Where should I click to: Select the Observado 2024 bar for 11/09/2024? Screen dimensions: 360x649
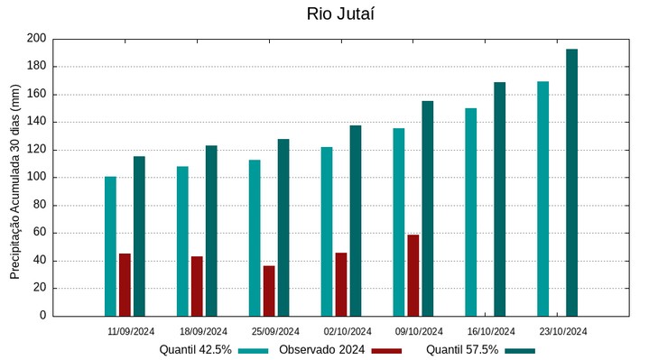tap(125, 284)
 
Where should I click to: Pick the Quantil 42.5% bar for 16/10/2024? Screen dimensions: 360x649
tap(470, 212)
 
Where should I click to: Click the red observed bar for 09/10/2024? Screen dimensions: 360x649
tap(413, 275)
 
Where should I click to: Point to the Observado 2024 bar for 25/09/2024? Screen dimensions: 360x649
tap(269, 291)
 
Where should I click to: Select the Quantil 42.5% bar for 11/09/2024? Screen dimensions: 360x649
tap(110, 246)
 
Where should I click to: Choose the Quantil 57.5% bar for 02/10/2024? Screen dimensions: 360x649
tap(356, 220)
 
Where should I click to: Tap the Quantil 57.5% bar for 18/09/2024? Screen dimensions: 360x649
tap(211, 231)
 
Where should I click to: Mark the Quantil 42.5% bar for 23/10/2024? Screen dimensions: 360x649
tap(542, 198)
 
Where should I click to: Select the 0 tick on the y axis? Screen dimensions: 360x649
tap(42, 316)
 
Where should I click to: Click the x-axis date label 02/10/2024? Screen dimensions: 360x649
tap(348, 331)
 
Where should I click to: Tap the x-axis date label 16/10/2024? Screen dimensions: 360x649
tap(492, 331)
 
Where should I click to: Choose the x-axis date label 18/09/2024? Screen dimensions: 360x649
tap(203, 331)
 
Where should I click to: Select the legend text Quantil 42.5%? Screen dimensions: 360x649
tap(195, 349)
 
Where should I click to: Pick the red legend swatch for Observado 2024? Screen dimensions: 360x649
tap(386, 350)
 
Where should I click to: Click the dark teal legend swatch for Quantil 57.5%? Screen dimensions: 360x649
tap(520, 350)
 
